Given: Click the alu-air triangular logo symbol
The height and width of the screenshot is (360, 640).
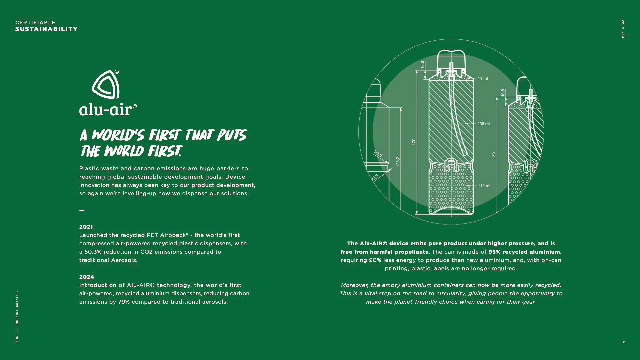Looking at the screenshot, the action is coord(106,85).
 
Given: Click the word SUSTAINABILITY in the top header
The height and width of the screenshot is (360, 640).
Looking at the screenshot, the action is coord(46,29).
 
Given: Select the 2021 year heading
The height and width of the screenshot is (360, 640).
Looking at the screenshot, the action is coord(86,227).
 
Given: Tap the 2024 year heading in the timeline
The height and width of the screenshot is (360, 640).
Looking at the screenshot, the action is coord(87,277).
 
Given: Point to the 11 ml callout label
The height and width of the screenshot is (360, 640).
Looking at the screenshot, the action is coord(483,79).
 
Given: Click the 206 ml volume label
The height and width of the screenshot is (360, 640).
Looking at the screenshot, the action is coord(483,124).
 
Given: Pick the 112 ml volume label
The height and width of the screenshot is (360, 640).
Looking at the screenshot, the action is coord(484,186).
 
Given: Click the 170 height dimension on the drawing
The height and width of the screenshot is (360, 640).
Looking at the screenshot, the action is coord(414,142).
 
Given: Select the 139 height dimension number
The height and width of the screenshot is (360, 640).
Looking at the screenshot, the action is coord(494,155).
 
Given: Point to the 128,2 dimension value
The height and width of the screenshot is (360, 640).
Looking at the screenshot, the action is coord(398,162).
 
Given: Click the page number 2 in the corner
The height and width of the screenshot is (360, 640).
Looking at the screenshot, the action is coord(624,342).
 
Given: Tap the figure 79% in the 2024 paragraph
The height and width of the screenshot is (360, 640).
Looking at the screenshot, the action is coord(124,302).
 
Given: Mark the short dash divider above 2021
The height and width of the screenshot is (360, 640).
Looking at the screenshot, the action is coord(82,210).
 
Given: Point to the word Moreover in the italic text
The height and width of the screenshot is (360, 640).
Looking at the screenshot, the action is coord(355,285).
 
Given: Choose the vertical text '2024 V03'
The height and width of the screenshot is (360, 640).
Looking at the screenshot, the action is coord(623,29).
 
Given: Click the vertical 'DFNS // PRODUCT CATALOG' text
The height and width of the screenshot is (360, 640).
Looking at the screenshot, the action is coord(17,317).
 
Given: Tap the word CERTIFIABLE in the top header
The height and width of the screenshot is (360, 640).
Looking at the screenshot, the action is coord(35,23).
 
